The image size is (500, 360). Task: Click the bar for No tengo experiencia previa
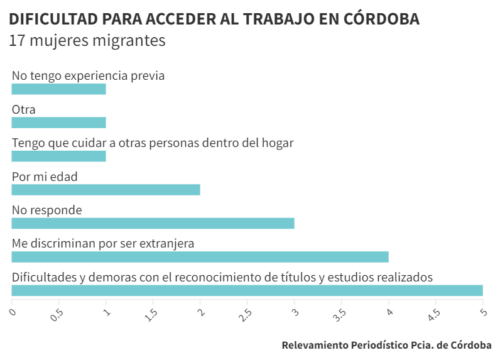coord(58,89)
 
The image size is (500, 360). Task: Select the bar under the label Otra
coord(58,123)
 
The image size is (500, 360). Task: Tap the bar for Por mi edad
coord(106,190)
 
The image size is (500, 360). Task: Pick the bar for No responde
coord(153,223)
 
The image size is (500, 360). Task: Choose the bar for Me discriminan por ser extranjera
coord(200,256)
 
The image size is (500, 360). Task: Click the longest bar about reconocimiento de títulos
coord(247,290)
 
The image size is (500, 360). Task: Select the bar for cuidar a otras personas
coord(58,156)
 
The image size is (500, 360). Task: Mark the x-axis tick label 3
coord(294,311)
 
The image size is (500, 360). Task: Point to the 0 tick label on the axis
coord(12,311)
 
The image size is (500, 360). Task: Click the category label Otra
coord(24,109)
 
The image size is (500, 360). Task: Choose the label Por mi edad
coord(45,177)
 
